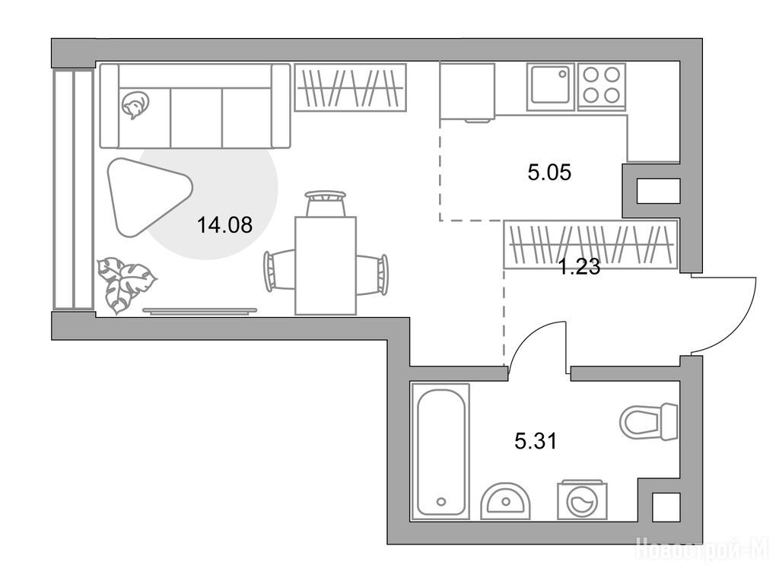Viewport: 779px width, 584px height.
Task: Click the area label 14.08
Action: tap(225, 225)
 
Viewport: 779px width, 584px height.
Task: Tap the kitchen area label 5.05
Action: tap(549, 173)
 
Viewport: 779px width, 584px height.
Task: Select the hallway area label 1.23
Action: tap(580, 268)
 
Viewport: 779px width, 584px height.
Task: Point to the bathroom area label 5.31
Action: tap(536, 441)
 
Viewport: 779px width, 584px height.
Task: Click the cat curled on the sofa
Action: tap(134, 105)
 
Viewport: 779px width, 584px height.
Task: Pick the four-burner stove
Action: tap(601, 85)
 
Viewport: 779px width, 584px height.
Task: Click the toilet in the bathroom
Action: tap(648, 421)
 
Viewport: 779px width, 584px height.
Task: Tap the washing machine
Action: tap(582, 500)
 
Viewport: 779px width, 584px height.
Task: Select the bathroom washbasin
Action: tap(505, 501)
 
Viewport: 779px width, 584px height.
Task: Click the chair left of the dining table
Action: tap(279, 271)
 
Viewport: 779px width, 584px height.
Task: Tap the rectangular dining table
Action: tap(326, 265)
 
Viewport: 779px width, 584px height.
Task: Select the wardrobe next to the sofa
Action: tap(350, 87)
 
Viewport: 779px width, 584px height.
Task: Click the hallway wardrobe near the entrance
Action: tap(590, 244)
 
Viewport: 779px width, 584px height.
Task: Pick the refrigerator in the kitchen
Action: tap(467, 91)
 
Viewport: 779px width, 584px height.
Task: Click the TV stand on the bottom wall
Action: tap(200, 311)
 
